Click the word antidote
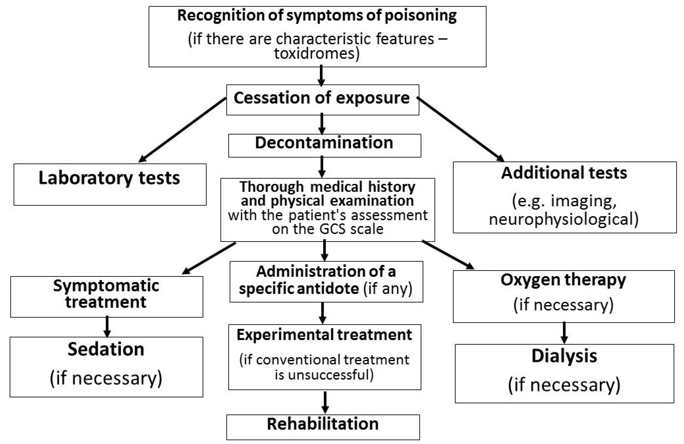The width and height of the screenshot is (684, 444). pos(328,288)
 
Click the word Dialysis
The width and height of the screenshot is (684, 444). pos(564,356)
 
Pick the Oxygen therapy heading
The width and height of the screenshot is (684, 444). pos(563,280)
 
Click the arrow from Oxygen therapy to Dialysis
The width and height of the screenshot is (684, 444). pos(564,332)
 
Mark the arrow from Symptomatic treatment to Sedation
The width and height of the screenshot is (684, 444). pos(107,326)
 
